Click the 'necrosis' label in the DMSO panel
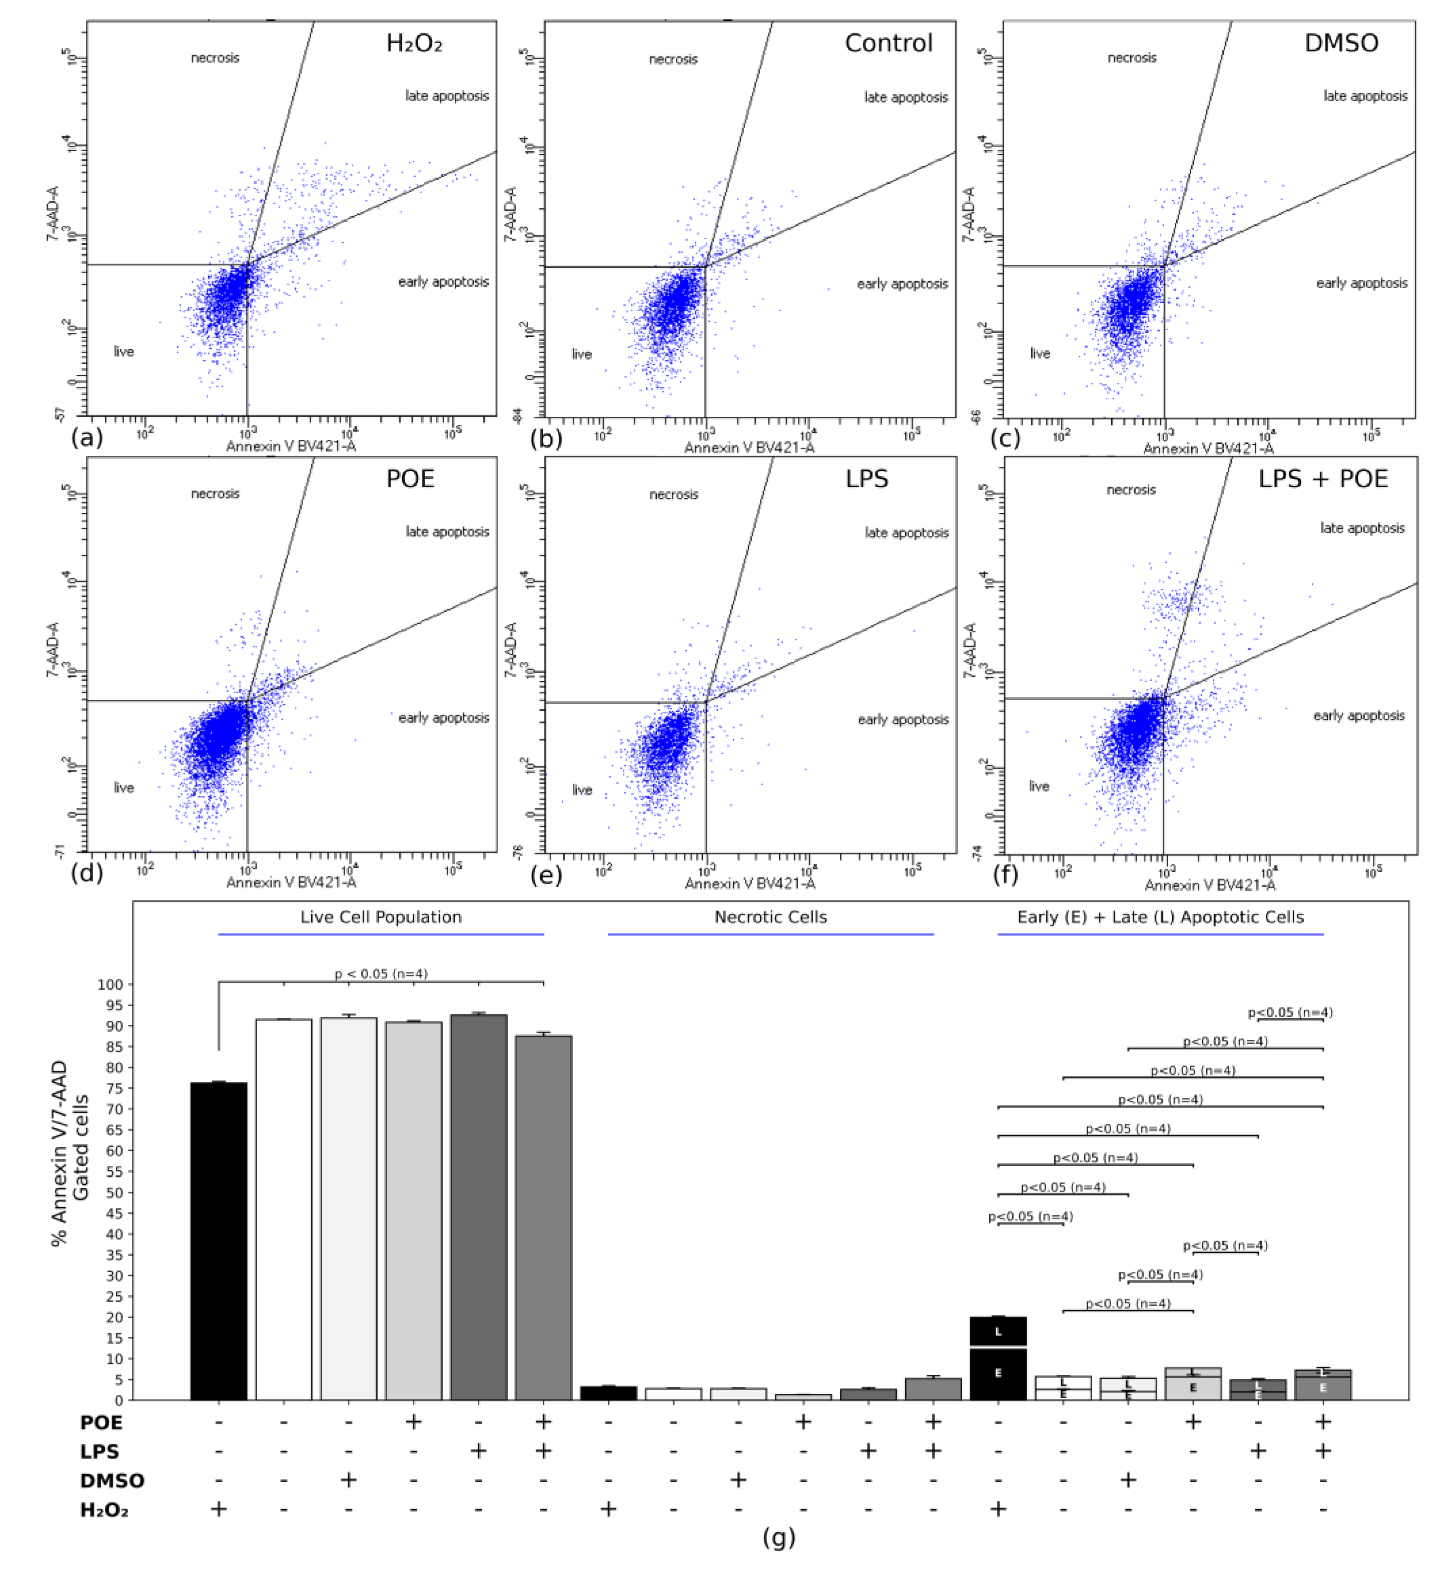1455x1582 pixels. point(1132,58)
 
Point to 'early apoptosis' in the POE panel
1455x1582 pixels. point(443,718)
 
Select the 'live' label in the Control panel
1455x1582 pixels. point(582,354)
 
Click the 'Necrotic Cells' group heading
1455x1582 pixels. point(770,918)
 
